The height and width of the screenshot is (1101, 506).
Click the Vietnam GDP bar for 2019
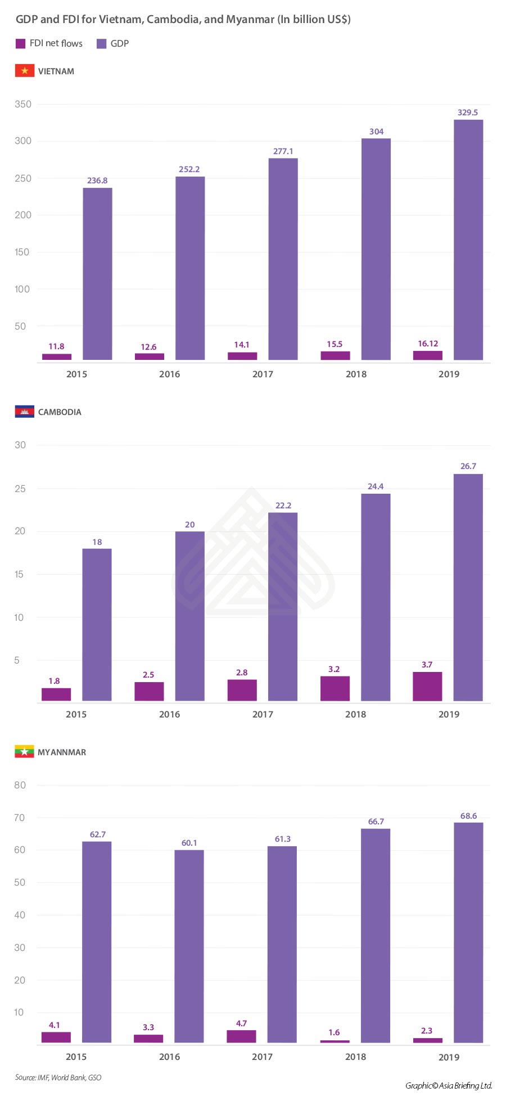coord(468,240)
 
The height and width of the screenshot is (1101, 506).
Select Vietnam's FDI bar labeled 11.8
coord(57,357)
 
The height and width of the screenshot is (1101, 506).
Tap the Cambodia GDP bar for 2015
coord(97,624)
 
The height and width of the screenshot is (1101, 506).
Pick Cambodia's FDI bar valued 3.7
coord(427,686)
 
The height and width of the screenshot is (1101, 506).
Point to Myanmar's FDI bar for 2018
coord(335,1041)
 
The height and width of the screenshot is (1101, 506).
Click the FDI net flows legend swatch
coord(20,43)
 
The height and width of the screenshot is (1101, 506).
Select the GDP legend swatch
coord(101,43)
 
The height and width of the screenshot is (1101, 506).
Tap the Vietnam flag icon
coord(24,71)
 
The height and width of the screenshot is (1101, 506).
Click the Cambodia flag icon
coord(24,412)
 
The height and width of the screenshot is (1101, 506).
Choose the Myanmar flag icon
coord(24,752)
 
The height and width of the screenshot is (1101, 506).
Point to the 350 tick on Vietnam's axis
coord(23,104)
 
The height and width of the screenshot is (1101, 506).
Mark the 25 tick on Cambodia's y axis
coord(20,489)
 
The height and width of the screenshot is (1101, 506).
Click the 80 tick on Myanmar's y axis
coord(20,785)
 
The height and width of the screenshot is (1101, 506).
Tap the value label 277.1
coord(283,151)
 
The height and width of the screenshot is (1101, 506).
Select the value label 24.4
coord(376,486)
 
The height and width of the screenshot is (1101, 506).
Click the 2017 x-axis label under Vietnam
coord(263,374)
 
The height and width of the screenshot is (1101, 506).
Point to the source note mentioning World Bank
coord(58,1077)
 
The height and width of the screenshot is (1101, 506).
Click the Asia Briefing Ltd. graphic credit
coord(449,1085)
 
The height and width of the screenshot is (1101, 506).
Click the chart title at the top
coord(183,19)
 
